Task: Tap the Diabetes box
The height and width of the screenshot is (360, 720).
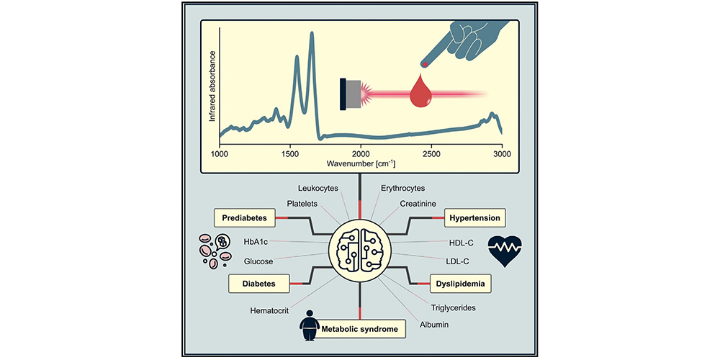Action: pos(258,284)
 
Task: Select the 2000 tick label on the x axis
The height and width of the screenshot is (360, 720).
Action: pos(361,154)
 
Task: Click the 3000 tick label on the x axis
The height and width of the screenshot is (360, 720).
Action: pos(502,154)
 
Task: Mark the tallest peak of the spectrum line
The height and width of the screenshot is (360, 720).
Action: pos(312,32)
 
